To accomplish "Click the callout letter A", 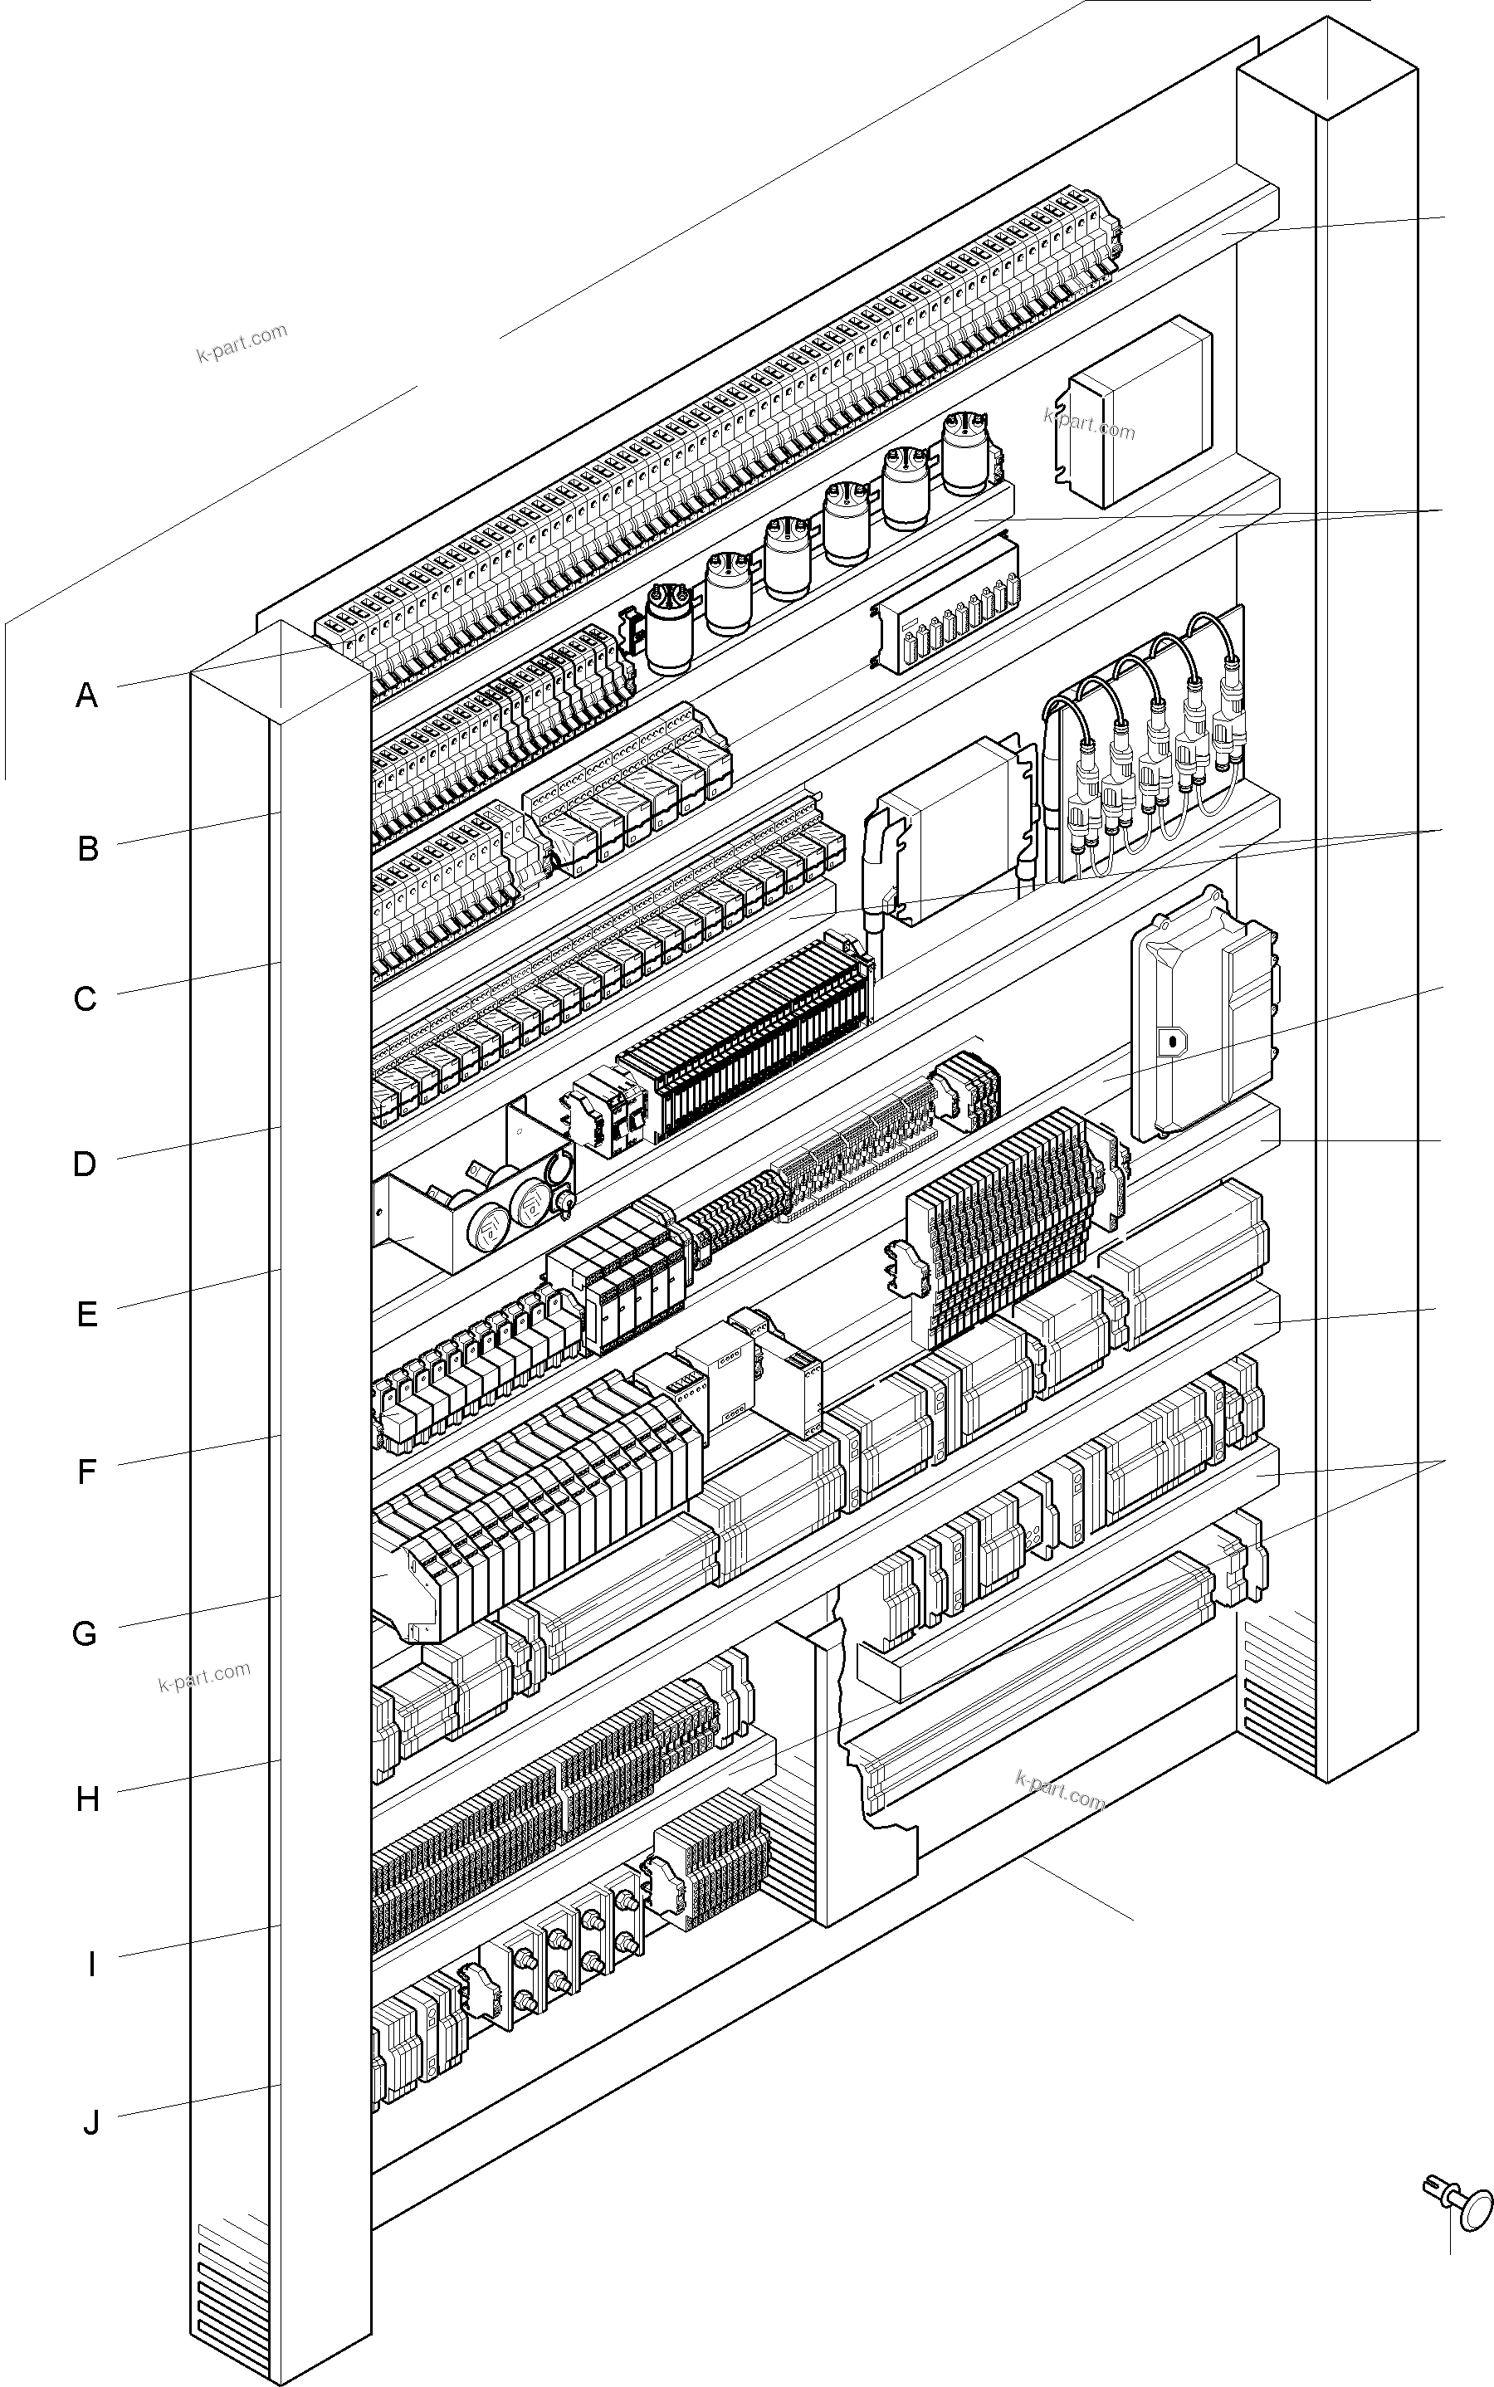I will [87, 696].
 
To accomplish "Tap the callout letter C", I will [86, 998].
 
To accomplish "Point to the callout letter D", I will [85, 1164].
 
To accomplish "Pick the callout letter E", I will [87, 1315].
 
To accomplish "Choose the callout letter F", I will [87, 1472].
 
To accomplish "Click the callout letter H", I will [88, 1800].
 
